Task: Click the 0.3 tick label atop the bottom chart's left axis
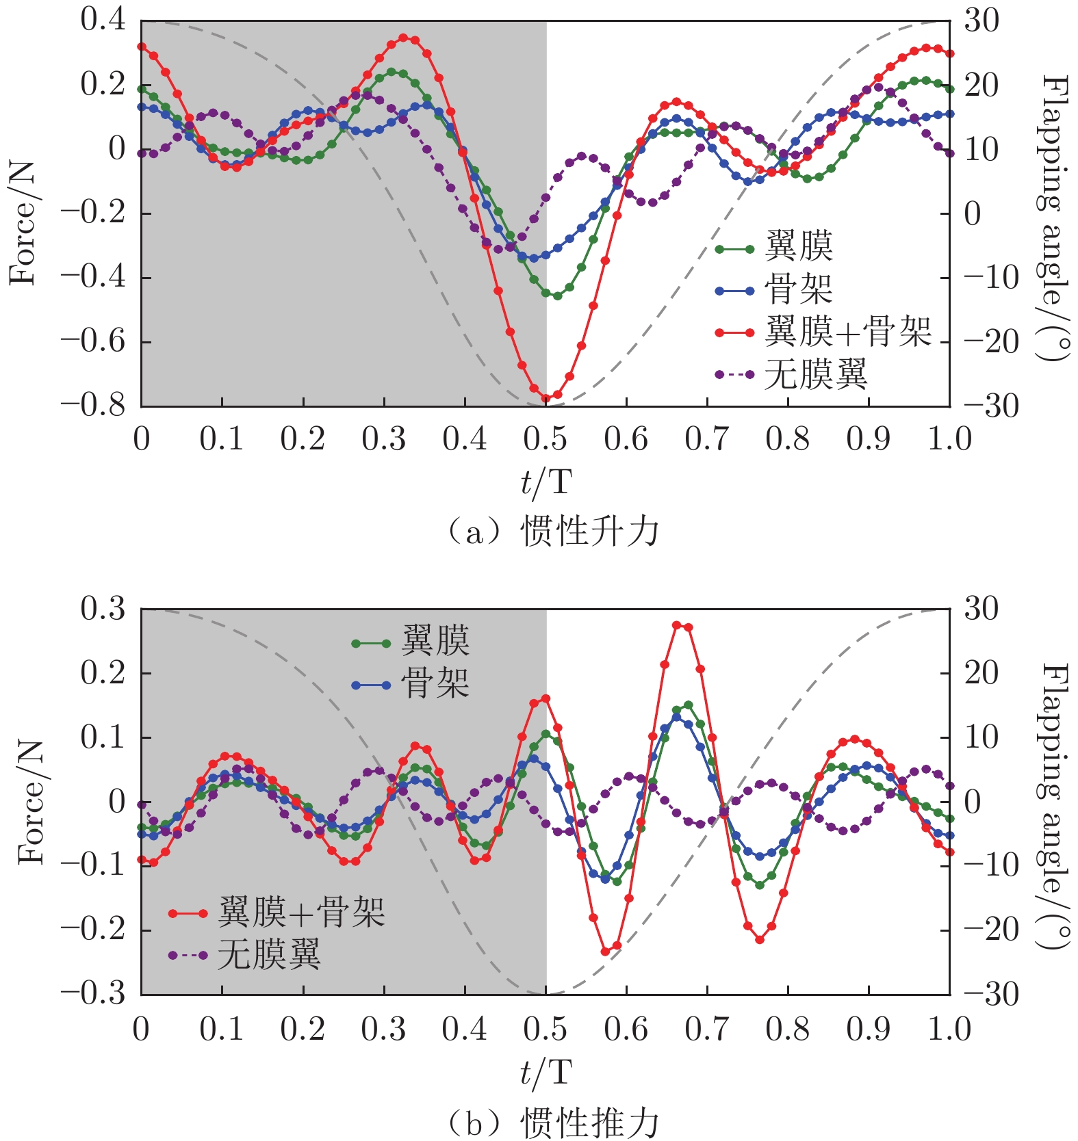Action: click(103, 608)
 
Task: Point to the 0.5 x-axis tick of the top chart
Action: click(546, 439)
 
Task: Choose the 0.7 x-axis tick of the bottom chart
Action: click(707, 1028)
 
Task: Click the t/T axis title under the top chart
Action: click(546, 483)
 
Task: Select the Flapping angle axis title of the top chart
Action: click(1053, 218)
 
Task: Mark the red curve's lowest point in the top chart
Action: click(546, 397)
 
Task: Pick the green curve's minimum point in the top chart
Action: click(557, 296)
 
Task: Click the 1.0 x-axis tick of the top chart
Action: click(949, 439)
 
